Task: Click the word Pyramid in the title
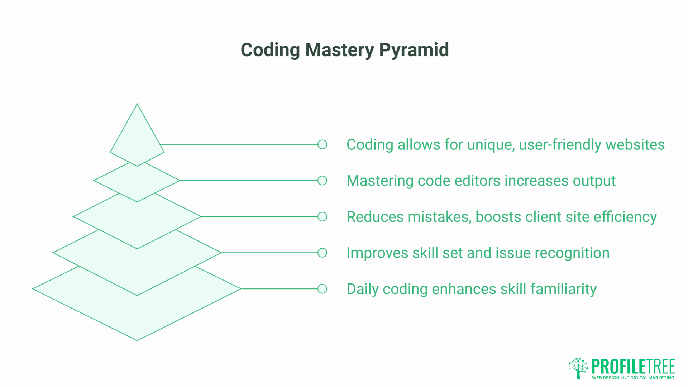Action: (x=414, y=50)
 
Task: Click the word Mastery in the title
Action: (x=340, y=50)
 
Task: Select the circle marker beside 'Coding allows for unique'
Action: (x=322, y=144)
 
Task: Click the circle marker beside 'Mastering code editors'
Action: (x=322, y=181)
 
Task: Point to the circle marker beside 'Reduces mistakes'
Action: (x=322, y=217)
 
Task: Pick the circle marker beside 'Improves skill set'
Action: (x=322, y=253)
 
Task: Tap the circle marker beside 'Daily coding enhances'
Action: (x=322, y=289)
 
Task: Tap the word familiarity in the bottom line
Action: (x=563, y=289)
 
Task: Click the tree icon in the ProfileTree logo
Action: (x=578, y=367)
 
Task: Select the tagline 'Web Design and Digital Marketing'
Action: (x=633, y=378)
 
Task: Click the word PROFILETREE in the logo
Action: (x=633, y=366)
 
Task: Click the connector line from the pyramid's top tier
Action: (x=240, y=144)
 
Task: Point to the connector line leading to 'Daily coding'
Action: (x=279, y=289)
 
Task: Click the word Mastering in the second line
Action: (x=380, y=181)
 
